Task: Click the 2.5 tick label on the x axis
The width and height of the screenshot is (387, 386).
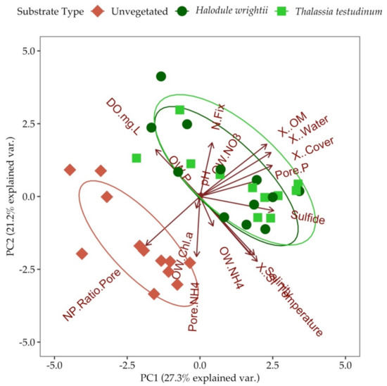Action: point(273,366)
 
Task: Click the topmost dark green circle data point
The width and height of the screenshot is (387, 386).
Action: point(161,76)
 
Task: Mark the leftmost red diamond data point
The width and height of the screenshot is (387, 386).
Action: point(70,170)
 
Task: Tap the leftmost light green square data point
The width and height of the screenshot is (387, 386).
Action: point(137,158)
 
